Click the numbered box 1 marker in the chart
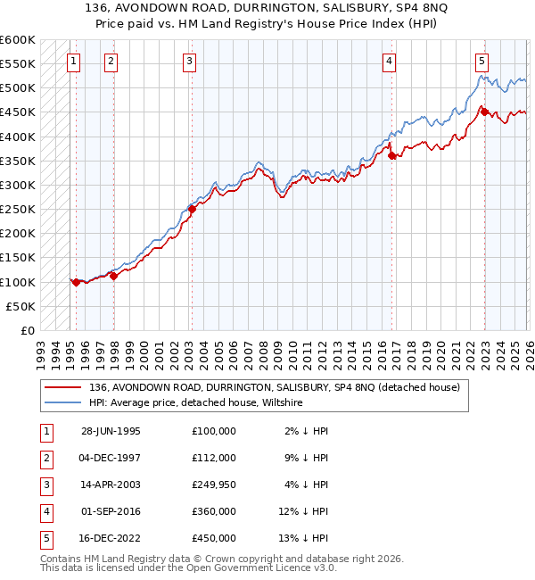tap(72, 62)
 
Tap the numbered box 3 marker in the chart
tap(190, 62)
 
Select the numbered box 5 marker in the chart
tap(481, 62)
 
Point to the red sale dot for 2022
tap(484, 112)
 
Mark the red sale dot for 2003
tap(192, 209)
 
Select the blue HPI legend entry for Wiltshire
tap(196, 403)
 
